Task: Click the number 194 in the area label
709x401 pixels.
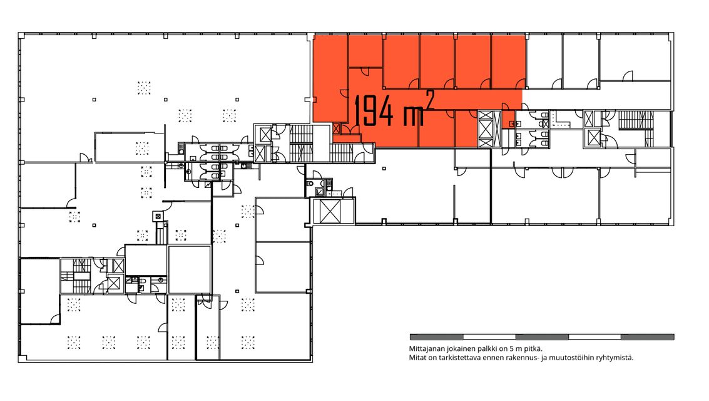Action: pyautogui.click(x=374, y=110)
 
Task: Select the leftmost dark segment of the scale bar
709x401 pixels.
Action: pyautogui.click(x=436, y=336)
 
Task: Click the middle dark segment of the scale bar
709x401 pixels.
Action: pyautogui.click(x=542, y=336)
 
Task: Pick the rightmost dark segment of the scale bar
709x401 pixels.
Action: pyautogui.click(x=648, y=336)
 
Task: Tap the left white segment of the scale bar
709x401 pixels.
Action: pyautogui.click(x=489, y=336)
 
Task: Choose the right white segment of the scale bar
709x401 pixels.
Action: pyautogui.click(x=594, y=336)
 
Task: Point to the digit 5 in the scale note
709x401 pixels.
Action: pyautogui.click(x=511, y=349)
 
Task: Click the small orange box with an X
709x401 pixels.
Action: pyautogui.click(x=336, y=128)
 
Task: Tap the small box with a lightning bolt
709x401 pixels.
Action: pyautogui.click(x=207, y=185)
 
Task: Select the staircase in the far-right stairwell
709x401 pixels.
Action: pyautogui.click(x=636, y=120)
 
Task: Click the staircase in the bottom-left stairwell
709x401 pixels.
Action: pyautogui.click(x=81, y=276)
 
